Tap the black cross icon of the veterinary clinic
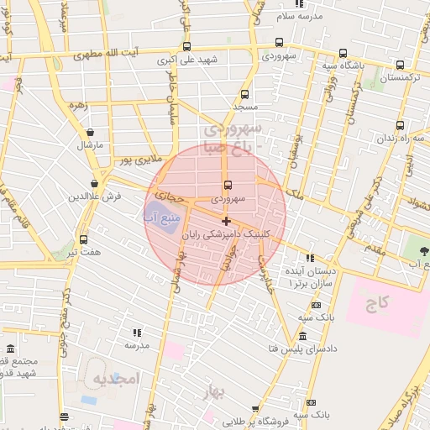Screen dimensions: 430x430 (x=226, y=221)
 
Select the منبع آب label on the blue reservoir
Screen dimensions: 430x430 (x=159, y=218)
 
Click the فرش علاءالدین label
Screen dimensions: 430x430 (x=95, y=196)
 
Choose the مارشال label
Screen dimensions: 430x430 (x=89, y=144)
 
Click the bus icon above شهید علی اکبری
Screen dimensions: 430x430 (x=186, y=47)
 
